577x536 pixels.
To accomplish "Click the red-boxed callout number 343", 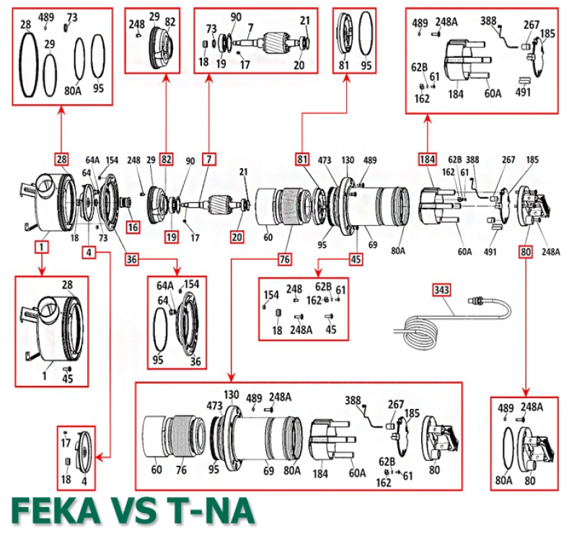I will point(442,290).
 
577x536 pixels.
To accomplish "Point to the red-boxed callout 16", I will point(133,227).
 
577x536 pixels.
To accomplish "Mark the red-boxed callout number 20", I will point(238,235).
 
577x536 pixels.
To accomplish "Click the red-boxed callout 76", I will point(284,258).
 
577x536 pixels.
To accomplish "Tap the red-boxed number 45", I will point(356,258).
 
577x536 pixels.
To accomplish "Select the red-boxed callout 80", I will point(526,252).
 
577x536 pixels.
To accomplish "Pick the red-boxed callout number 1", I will point(42,247).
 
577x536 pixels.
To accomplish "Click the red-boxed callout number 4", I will point(88,252).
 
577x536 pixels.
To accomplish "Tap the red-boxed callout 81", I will point(303,158).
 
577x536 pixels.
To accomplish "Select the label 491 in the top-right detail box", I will point(523,92).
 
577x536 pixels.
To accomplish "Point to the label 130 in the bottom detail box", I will point(232,395).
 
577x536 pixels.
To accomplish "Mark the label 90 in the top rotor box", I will point(236,17).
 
